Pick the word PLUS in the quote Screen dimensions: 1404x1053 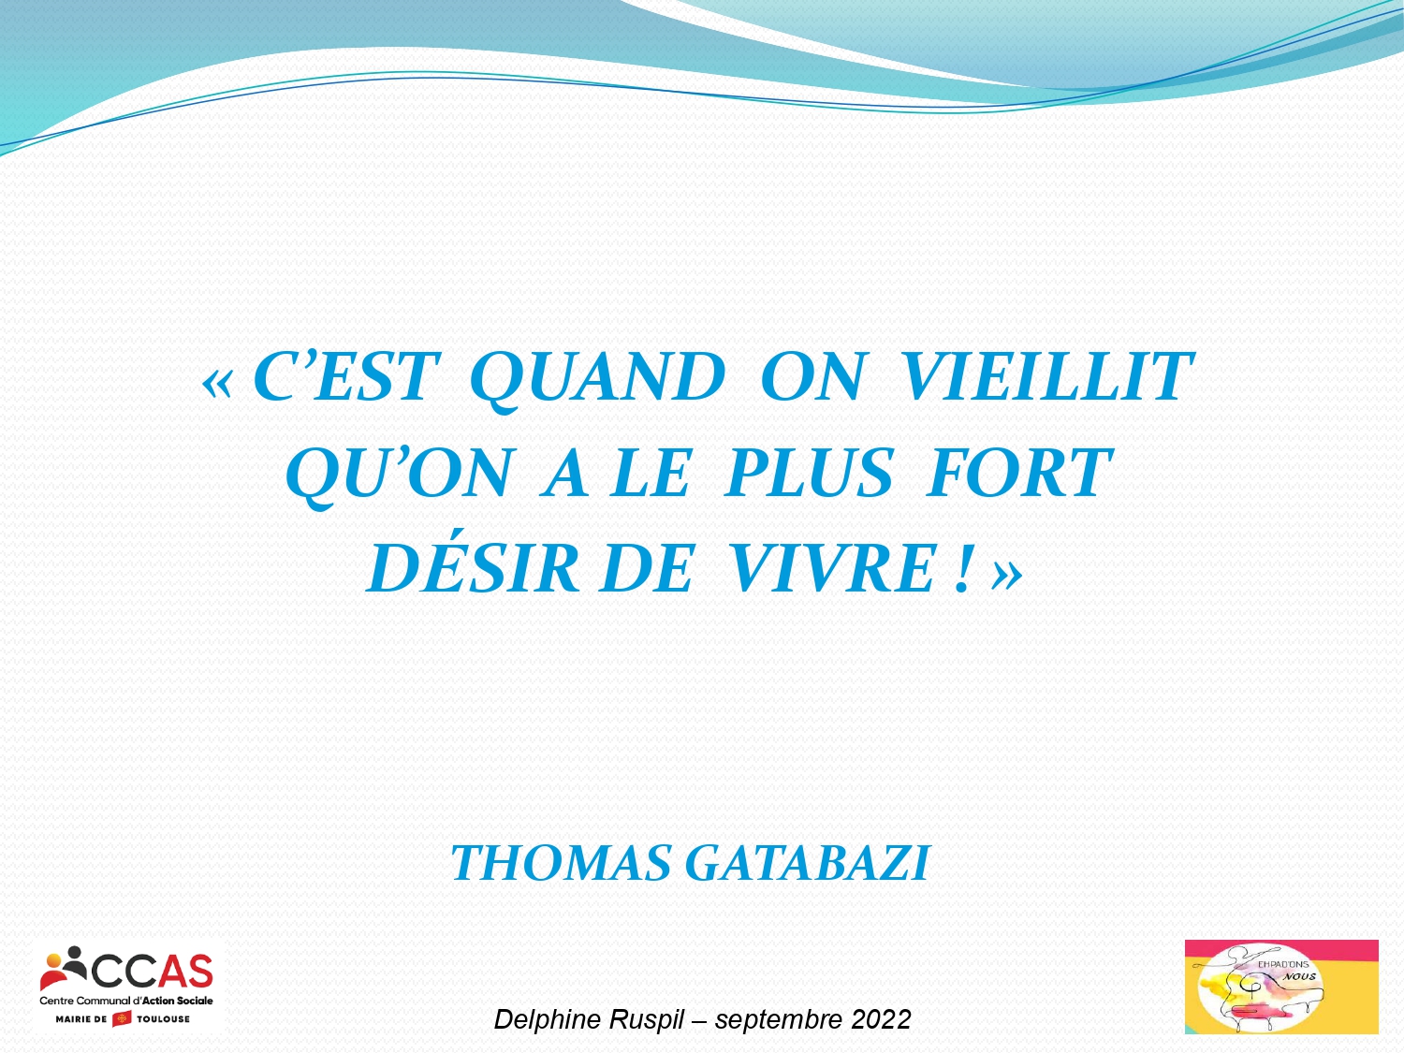click(x=808, y=473)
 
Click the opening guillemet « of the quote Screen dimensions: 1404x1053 click(x=216, y=384)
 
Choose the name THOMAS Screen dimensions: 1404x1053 click(x=561, y=863)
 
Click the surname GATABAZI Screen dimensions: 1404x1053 click(x=807, y=863)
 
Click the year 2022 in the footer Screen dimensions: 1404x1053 click(x=881, y=1019)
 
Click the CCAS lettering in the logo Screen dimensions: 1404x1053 click(x=153, y=972)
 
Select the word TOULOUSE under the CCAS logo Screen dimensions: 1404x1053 click(x=163, y=1019)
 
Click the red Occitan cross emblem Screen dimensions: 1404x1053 click(x=122, y=1018)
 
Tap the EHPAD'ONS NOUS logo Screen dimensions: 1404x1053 click(x=1281, y=987)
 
